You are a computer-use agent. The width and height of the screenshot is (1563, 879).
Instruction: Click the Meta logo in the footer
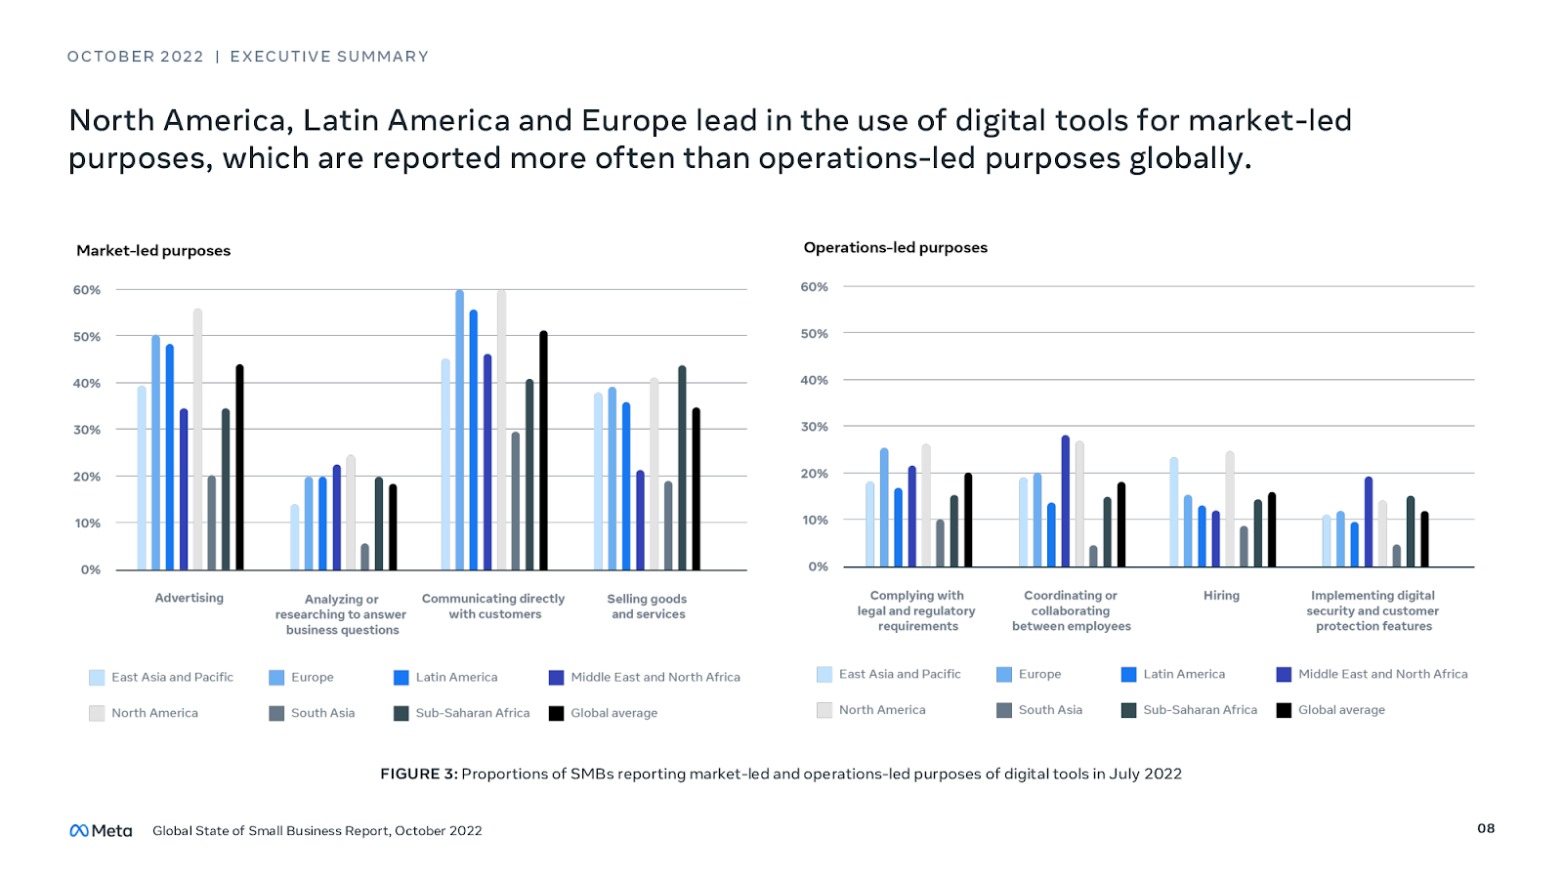click(101, 830)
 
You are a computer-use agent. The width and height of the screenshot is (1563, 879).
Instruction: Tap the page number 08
click(1486, 828)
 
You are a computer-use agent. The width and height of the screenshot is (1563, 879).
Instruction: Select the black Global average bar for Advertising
click(239, 468)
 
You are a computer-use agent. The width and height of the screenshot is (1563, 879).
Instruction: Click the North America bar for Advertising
click(197, 439)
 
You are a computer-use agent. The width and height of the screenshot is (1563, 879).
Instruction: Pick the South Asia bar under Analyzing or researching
click(364, 557)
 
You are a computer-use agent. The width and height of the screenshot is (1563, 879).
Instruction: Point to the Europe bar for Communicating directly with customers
click(459, 430)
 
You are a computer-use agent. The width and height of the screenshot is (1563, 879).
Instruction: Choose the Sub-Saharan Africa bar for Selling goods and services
click(682, 468)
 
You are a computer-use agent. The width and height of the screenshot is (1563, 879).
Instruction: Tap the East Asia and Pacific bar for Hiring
click(1173, 512)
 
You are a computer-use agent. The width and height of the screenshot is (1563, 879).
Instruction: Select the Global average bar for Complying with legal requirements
click(968, 520)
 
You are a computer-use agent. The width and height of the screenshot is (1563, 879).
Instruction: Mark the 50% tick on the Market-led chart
click(87, 337)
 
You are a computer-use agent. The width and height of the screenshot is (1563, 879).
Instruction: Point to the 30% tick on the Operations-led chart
click(815, 427)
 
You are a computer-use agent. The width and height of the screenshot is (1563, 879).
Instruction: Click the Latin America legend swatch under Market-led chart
click(401, 677)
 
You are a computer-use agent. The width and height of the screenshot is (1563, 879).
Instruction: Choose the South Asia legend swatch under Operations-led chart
click(1004, 710)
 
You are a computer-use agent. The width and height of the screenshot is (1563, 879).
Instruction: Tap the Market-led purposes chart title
click(153, 250)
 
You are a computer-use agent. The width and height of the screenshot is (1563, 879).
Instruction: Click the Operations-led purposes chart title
click(895, 247)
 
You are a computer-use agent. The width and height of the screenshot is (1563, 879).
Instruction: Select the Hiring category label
click(1221, 595)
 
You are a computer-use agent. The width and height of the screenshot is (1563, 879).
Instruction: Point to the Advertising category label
click(189, 598)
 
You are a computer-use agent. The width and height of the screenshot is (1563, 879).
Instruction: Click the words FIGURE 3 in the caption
click(418, 774)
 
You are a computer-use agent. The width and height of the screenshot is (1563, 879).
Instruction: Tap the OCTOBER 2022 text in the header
click(135, 57)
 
